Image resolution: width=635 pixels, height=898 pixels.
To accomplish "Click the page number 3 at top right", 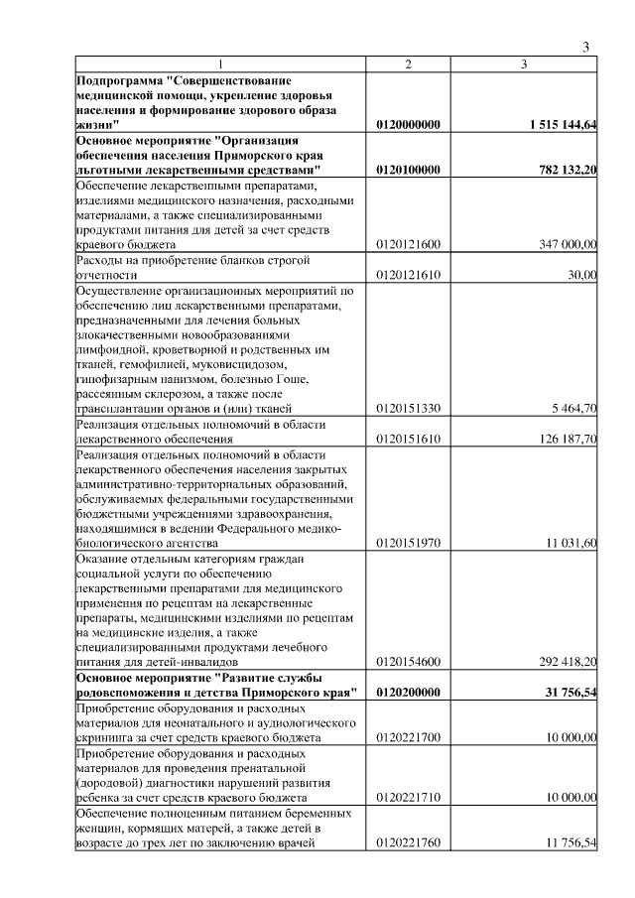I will tap(585, 46).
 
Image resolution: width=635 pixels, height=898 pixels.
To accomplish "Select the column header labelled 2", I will tap(408, 64).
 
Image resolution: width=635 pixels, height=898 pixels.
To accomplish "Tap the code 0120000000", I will tap(409, 125).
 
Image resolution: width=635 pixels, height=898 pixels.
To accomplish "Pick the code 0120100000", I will tap(409, 170).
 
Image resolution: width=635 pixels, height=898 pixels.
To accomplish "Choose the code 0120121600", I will tap(409, 244).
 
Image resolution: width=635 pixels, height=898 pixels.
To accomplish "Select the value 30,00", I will tap(582, 275).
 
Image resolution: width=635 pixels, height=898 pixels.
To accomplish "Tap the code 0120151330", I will tap(409, 409).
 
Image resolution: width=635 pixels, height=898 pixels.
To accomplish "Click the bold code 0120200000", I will tap(409, 692).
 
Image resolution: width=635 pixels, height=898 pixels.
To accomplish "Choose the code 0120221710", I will tap(409, 796).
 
